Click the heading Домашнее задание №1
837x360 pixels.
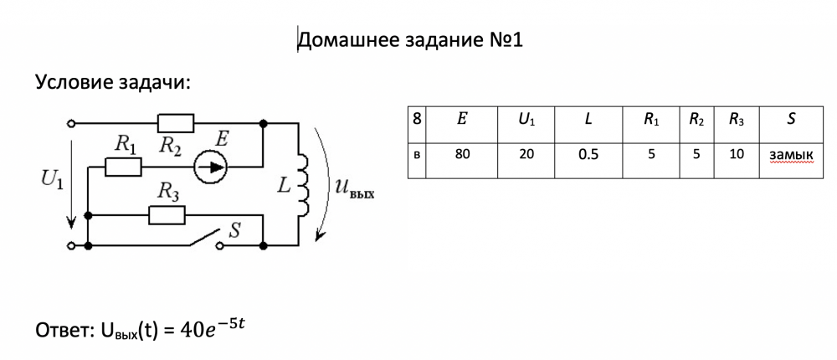[x=410, y=40]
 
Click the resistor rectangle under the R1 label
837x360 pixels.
[x=124, y=167]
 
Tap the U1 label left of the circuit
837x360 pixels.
[x=49, y=179]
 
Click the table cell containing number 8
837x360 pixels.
[x=417, y=120]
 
